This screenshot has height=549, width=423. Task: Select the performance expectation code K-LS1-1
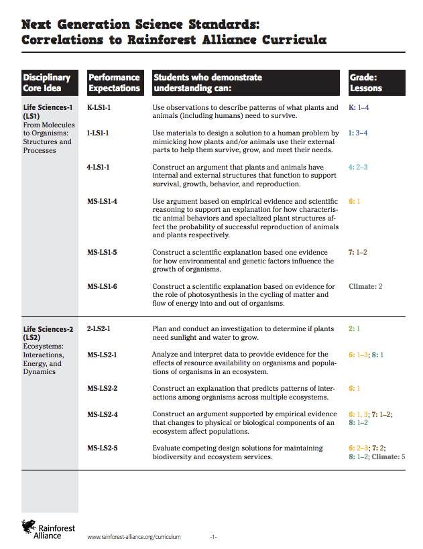coord(99,107)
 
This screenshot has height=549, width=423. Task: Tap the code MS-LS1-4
coord(102,201)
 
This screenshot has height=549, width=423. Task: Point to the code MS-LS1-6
coord(102,287)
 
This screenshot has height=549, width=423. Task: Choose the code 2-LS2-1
coord(99,329)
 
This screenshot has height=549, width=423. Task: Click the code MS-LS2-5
coord(102,448)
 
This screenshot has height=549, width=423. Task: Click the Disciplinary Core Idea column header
coord(46,82)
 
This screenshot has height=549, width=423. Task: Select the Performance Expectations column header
coord(114,82)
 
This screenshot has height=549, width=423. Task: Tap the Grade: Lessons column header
coord(365,82)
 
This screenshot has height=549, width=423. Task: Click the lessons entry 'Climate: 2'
coord(365,287)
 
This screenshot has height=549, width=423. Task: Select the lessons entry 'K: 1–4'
coord(359,107)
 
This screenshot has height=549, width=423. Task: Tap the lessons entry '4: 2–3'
coord(358,167)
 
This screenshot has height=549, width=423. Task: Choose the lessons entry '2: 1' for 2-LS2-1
coord(354,329)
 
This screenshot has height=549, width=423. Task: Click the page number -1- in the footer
coord(213,537)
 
